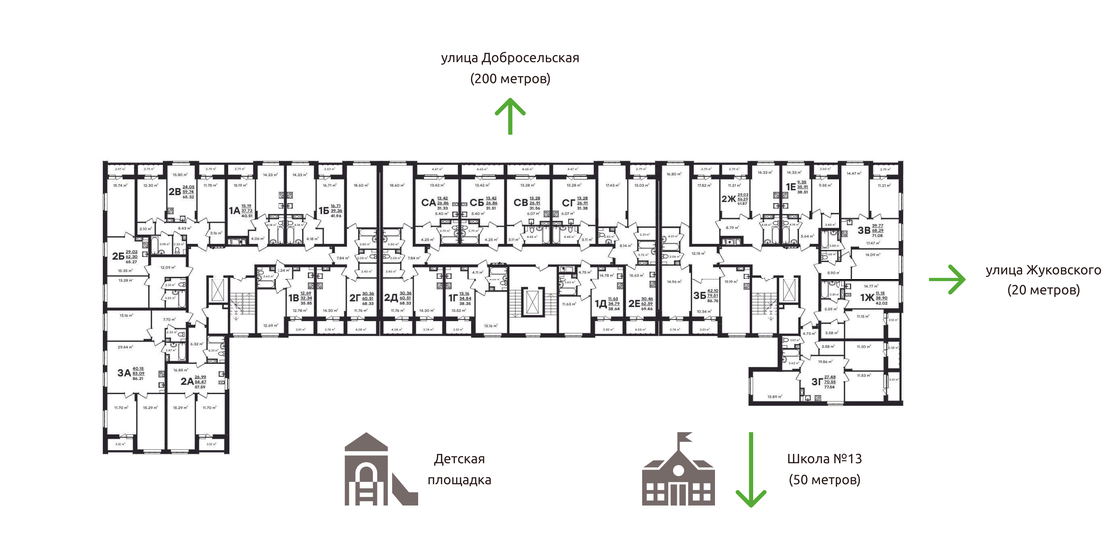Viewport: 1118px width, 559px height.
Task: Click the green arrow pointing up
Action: (511, 116)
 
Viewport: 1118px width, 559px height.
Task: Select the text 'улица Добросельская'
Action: (510, 58)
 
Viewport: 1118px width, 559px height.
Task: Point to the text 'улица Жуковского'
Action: (1043, 271)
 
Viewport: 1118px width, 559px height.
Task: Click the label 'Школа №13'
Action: (825, 459)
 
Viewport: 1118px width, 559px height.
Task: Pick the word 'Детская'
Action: (459, 459)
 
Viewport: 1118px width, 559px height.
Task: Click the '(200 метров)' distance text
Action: (510, 79)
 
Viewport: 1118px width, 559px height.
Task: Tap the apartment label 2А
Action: (187, 380)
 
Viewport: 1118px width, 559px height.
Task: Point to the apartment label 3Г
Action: (817, 378)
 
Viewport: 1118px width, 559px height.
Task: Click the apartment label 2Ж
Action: (729, 198)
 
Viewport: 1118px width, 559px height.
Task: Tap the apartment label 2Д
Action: (391, 296)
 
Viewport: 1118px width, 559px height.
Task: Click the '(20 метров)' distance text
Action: (1043, 291)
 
